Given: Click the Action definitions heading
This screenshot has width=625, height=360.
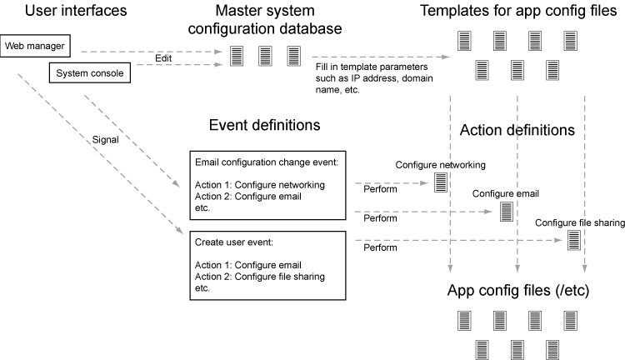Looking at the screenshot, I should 517,130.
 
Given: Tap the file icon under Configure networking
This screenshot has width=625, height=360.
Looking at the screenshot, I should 440,182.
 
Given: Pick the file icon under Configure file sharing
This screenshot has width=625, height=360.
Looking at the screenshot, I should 574,240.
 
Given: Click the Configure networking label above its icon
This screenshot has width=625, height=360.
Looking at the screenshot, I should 440,165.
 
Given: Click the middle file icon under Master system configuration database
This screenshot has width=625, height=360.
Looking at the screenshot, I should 265,56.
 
